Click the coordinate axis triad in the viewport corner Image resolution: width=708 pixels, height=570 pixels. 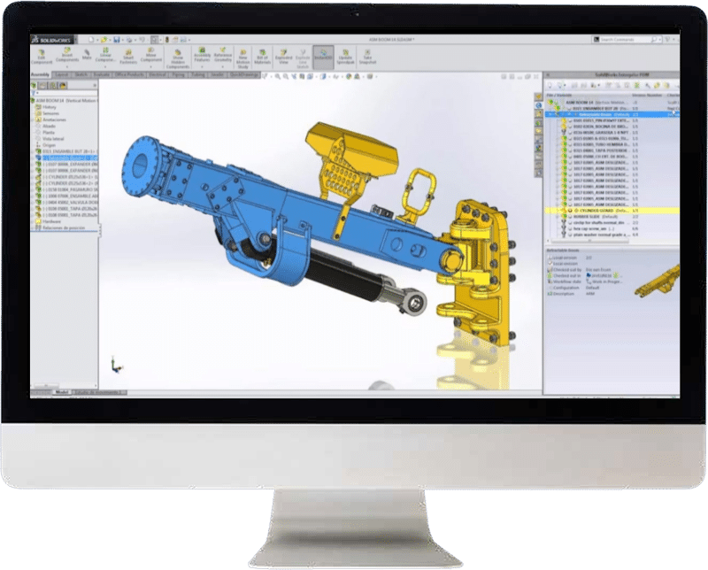[114, 362]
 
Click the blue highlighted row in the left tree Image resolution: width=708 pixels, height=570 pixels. [66, 158]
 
